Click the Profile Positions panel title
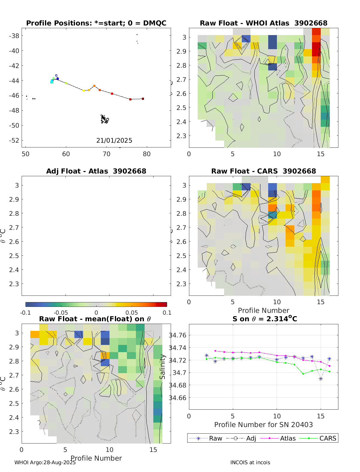(x=96, y=23)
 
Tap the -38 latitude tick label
(x=14, y=36)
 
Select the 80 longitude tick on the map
(x=147, y=154)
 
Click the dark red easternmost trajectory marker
(x=143, y=99)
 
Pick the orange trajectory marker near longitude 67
(x=94, y=86)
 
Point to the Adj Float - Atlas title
(x=96, y=171)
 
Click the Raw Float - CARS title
(x=263, y=171)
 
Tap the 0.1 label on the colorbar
(x=167, y=313)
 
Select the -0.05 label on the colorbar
(x=61, y=313)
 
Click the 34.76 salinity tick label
(x=178, y=335)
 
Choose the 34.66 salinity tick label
(x=178, y=398)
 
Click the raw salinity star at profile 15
(x=321, y=379)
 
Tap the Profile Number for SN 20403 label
(x=263, y=425)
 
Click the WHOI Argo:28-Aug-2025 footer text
(x=45, y=462)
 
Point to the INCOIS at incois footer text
(x=250, y=462)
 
